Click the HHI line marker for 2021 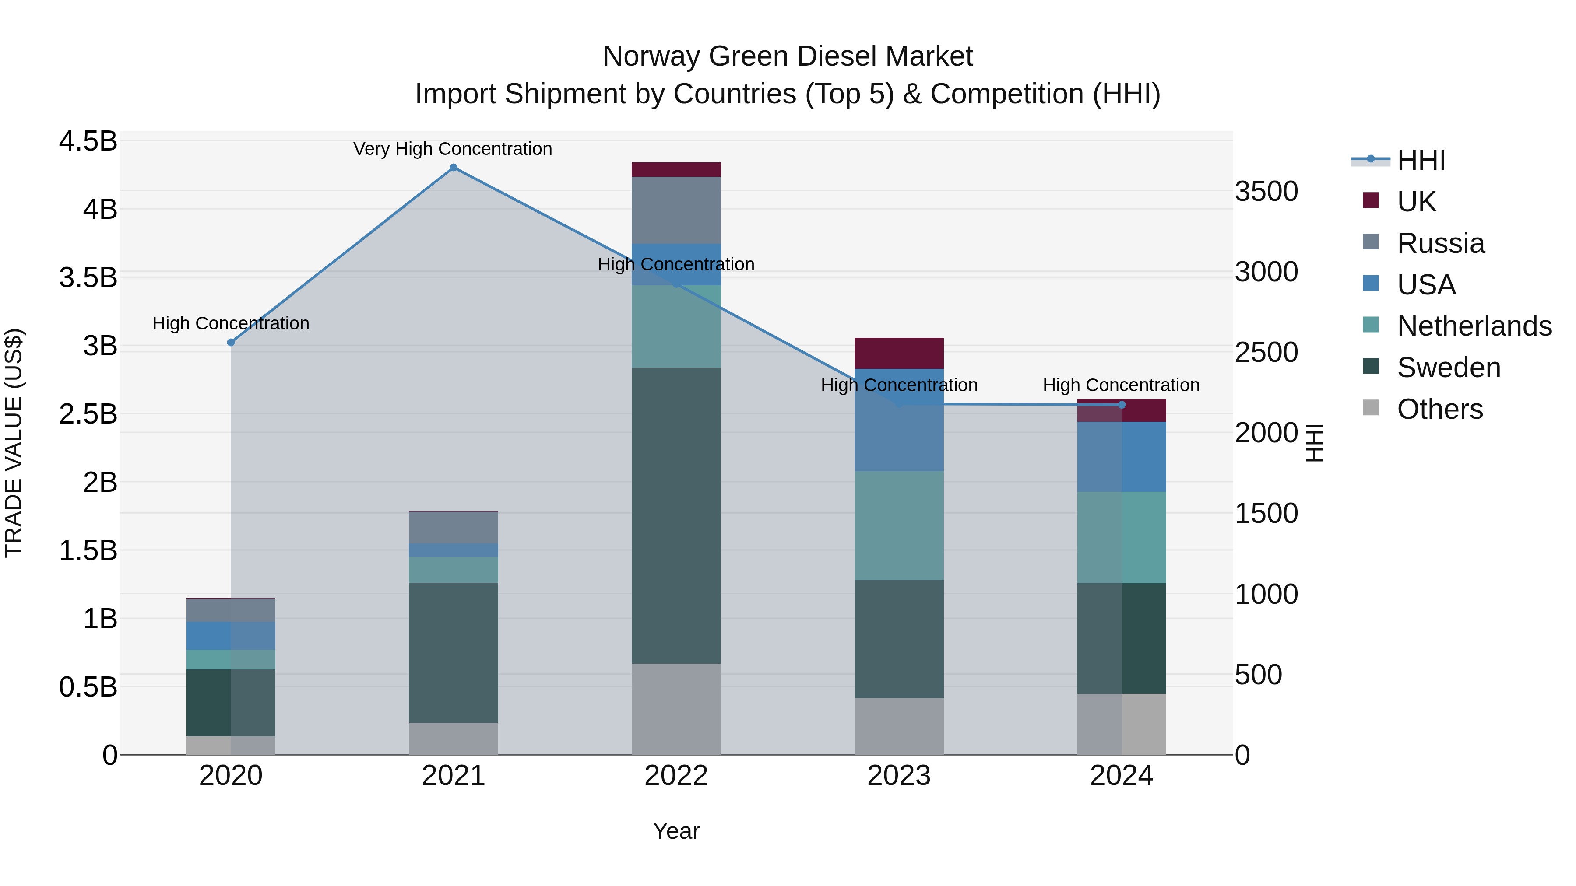[454, 168]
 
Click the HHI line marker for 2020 [231, 343]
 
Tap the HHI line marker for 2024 [1122, 405]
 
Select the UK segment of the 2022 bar [676, 169]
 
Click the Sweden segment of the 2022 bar [676, 515]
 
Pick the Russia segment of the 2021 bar [454, 527]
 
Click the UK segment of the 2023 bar [899, 353]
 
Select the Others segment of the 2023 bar [899, 726]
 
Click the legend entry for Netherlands [1474, 326]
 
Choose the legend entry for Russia [1440, 243]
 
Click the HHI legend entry [1421, 160]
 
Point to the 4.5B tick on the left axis [88, 141]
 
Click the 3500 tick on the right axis [1266, 191]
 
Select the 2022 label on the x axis [676, 776]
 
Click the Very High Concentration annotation [453, 149]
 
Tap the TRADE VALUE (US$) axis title [14, 443]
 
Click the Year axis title [676, 831]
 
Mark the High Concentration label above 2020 [231, 323]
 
